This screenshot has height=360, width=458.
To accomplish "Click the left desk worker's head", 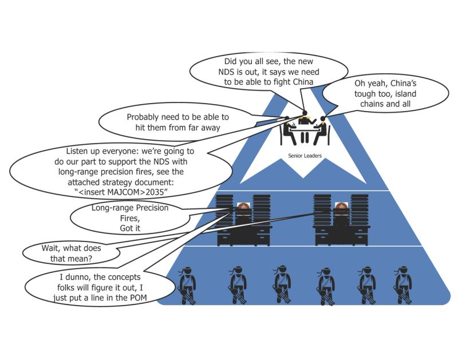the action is click(243, 206).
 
